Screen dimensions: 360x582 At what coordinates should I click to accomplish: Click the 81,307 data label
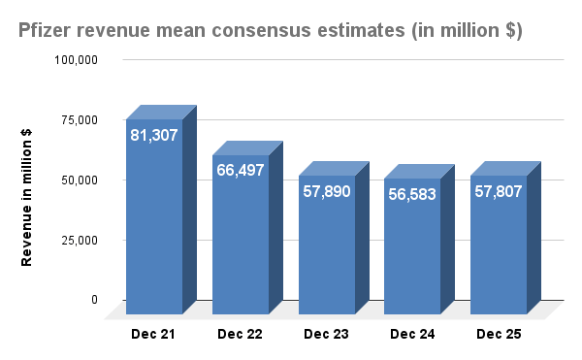point(154,135)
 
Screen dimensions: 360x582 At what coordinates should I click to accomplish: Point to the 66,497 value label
point(241,171)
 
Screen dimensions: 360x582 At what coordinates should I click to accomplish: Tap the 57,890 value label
point(327,191)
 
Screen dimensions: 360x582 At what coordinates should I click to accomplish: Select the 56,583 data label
point(412,194)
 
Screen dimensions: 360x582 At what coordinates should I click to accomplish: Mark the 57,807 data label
point(499,191)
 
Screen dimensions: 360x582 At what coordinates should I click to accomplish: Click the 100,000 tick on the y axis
point(77,60)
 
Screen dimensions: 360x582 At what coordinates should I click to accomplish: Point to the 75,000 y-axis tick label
point(80,120)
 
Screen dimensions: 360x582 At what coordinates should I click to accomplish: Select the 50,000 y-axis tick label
point(80,180)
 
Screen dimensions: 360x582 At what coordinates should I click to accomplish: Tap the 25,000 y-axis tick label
point(80,240)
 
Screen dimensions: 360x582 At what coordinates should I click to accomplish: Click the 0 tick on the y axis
point(94,300)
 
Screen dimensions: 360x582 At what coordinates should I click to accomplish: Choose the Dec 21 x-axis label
point(154,335)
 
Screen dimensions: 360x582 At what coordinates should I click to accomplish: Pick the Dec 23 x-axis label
point(327,335)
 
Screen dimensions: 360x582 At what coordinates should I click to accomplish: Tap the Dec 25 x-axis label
point(499,335)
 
